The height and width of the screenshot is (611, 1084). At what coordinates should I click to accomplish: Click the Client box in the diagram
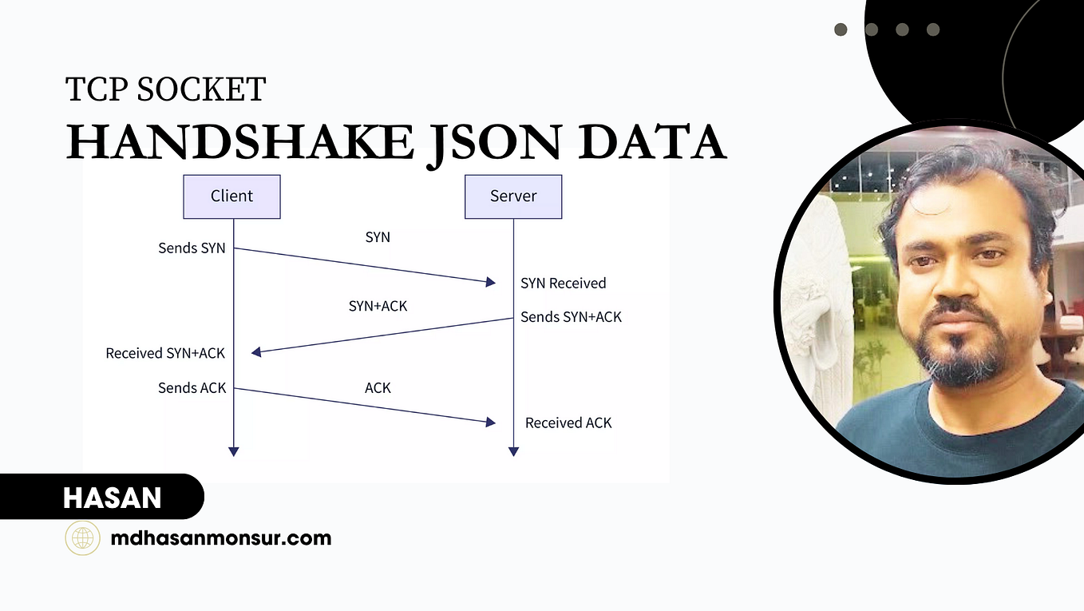click(x=231, y=196)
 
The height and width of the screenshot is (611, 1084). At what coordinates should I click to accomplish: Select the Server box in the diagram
click(x=513, y=196)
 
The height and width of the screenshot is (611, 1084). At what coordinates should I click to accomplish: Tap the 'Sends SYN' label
click(x=192, y=248)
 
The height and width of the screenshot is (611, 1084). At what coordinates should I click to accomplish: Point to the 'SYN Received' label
click(x=564, y=284)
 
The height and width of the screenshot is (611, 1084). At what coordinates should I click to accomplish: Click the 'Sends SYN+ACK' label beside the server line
click(x=571, y=317)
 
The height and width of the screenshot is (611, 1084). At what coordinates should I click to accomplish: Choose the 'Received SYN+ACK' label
click(x=165, y=354)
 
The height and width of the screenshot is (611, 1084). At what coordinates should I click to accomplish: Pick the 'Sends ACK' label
click(x=192, y=388)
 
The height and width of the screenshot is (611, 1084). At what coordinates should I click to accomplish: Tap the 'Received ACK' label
click(x=568, y=423)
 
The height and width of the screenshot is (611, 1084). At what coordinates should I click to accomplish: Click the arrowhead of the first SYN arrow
click(x=491, y=282)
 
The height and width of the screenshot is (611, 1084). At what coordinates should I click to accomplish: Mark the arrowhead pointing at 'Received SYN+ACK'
click(x=256, y=352)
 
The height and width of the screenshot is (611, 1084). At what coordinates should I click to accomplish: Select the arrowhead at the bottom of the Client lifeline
click(x=234, y=452)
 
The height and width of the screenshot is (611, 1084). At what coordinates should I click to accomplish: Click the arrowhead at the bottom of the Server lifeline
click(x=513, y=452)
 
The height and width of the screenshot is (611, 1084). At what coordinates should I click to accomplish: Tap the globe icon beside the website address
click(x=83, y=538)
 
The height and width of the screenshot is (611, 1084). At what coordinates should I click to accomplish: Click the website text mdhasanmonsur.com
click(x=221, y=538)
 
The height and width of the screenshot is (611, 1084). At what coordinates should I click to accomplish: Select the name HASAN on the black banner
click(x=113, y=498)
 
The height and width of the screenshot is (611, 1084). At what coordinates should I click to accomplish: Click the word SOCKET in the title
click(x=201, y=89)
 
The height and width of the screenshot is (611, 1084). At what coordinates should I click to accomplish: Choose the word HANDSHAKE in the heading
click(x=240, y=142)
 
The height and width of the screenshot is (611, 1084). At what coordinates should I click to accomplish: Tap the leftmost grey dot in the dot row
click(x=841, y=30)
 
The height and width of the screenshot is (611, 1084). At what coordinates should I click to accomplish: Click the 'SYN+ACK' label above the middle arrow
click(x=378, y=306)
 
